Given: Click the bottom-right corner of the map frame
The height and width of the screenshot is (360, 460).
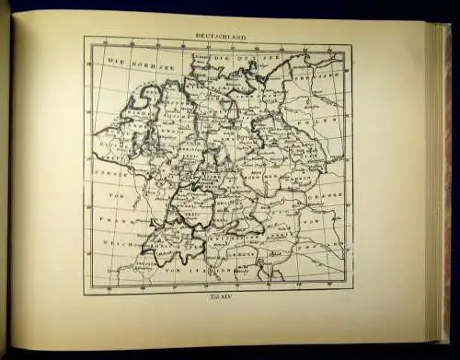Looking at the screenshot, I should point(351,294).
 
